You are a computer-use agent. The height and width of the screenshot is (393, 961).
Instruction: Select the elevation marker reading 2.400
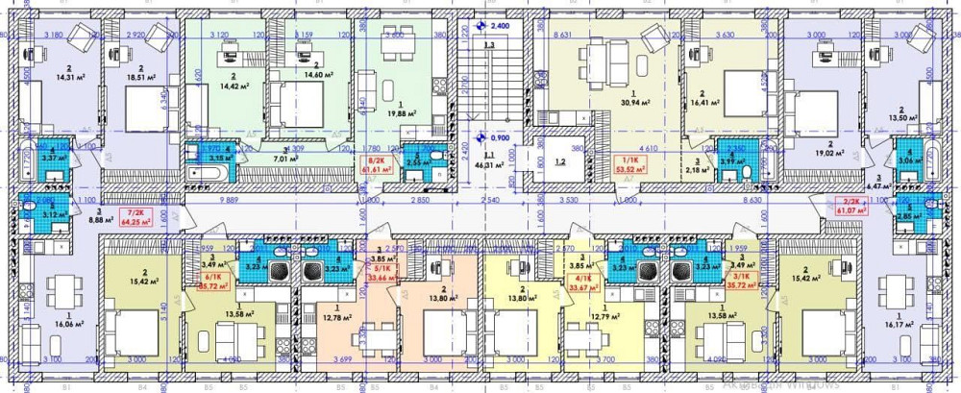(499, 25)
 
